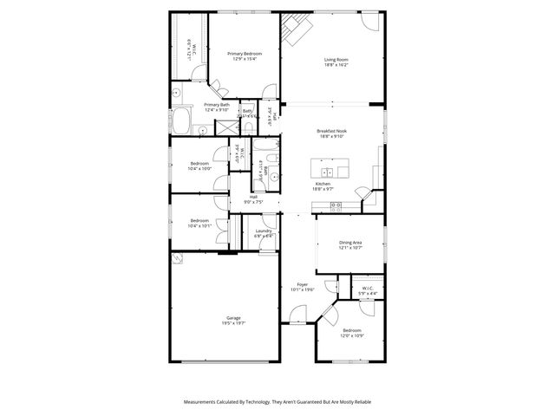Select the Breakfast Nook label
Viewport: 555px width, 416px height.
[331, 133]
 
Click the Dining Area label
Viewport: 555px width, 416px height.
[350, 245]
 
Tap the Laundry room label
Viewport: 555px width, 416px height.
[264, 232]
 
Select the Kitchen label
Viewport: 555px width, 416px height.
[323, 185]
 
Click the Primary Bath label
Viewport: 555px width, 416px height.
[216, 107]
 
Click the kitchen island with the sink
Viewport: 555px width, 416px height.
[335, 165]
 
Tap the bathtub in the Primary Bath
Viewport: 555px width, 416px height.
[184, 120]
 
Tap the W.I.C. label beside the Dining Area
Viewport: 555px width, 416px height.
[368, 290]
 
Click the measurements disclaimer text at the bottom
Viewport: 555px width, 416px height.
[277, 402]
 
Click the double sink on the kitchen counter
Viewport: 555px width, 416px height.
[336, 205]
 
